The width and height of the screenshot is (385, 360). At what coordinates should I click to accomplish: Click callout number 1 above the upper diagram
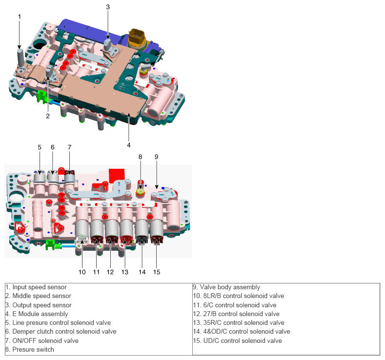pos(20,17)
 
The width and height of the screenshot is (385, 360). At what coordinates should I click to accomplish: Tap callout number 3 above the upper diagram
pos(108,7)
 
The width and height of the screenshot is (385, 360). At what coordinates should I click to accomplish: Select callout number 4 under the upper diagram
pos(129,145)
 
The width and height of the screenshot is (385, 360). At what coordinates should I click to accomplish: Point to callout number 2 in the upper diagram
pos(48,116)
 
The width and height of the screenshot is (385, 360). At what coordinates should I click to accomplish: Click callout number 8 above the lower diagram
pos(140,157)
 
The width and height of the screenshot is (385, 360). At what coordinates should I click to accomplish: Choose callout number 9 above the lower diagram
pos(157,157)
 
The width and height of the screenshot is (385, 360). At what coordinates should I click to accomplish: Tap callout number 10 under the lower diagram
pos(82,272)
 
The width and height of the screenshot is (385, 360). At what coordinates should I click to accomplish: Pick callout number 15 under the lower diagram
pos(157,272)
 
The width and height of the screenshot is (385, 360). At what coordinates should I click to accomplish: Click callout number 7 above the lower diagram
pos(70,147)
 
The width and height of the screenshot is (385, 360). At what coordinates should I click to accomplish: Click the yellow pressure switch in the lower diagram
pos(141,192)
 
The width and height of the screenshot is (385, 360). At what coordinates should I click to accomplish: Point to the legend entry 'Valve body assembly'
pos(226,287)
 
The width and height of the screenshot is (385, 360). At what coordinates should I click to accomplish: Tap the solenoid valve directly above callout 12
pos(111,229)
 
